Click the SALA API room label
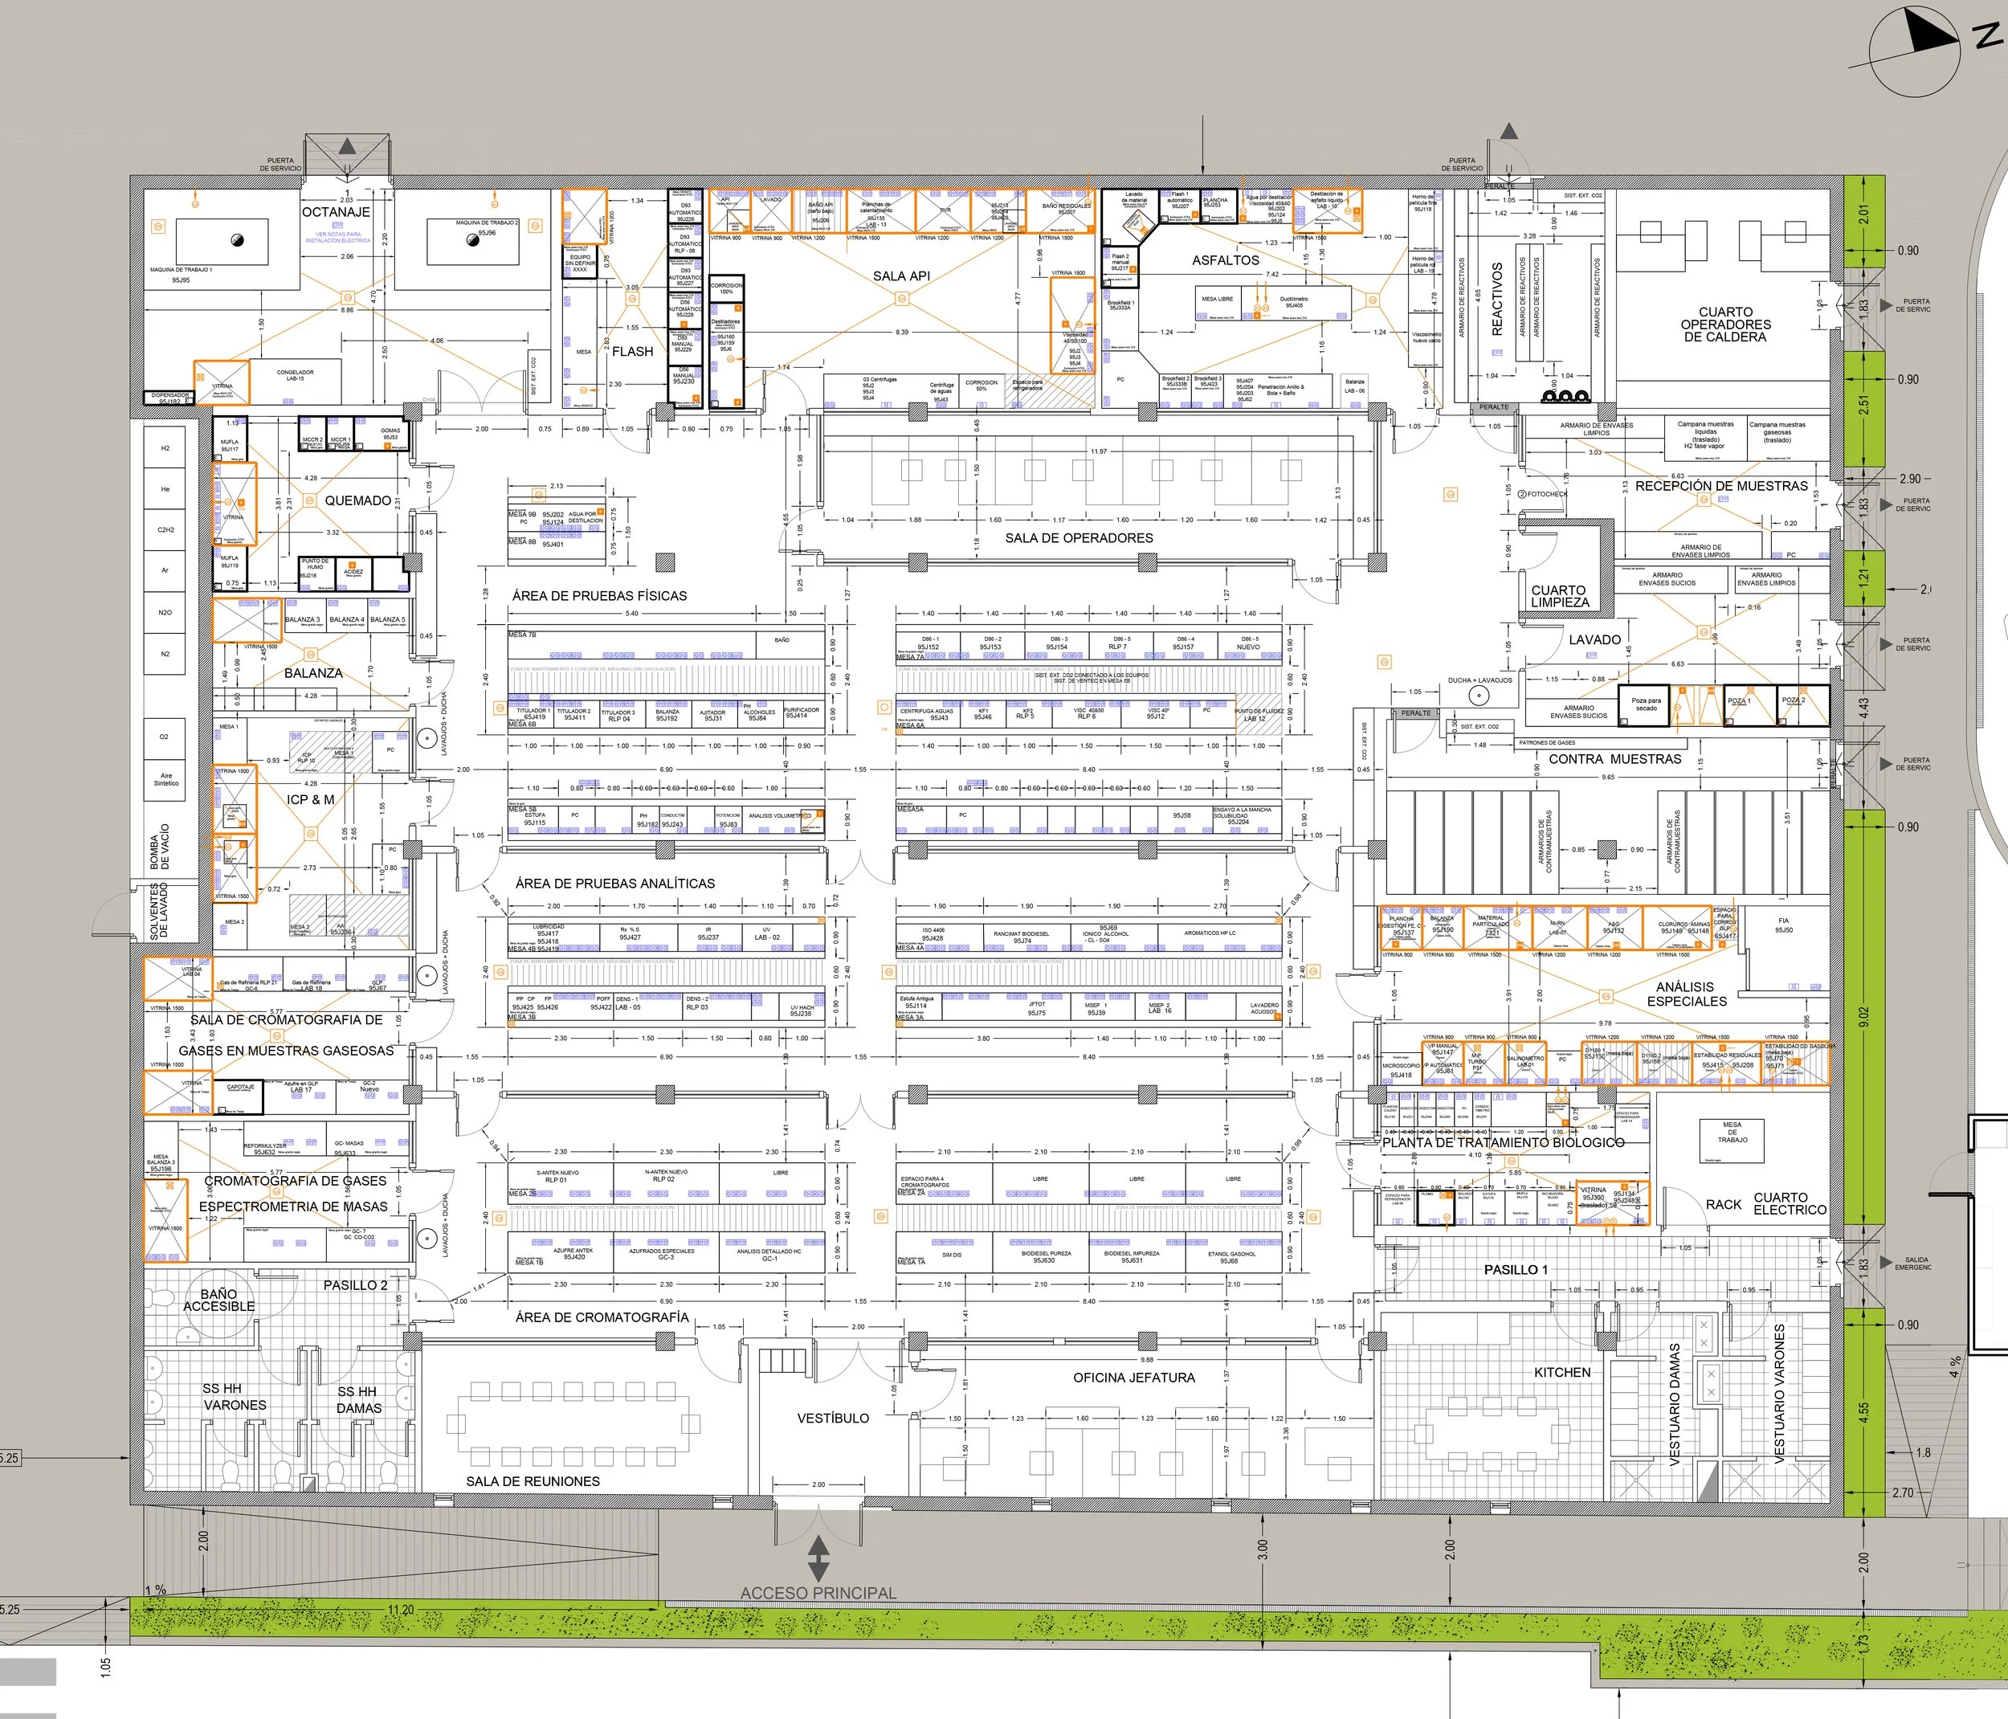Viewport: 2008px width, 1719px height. [901, 276]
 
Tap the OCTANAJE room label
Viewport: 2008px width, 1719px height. [337, 212]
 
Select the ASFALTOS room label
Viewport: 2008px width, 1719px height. [1225, 260]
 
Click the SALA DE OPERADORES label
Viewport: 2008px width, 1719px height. [1079, 538]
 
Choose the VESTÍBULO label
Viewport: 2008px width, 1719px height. [832, 1418]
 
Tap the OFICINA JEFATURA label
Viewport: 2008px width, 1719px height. [1134, 1377]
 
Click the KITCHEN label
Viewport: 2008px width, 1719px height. [1561, 1372]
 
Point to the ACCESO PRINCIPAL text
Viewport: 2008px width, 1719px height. [818, 1592]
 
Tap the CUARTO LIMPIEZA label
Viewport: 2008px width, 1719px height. [1559, 596]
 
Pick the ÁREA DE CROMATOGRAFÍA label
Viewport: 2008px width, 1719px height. [602, 1317]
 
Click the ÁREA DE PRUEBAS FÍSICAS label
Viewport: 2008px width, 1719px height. [599, 596]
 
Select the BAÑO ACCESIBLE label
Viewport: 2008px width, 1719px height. [219, 1300]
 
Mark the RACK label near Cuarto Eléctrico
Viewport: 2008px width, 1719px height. [1723, 1204]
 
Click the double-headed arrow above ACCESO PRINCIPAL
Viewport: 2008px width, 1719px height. [818, 1558]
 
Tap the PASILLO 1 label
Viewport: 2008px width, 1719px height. [1516, 1269]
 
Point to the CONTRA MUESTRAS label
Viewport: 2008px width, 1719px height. [1614, 759]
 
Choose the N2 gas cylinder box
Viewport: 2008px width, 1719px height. [165, 654]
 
